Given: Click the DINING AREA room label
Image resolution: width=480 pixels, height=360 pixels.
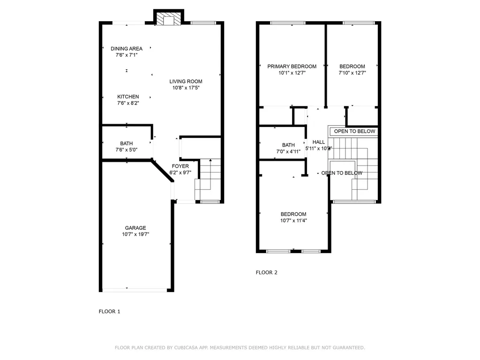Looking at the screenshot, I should point(127,48).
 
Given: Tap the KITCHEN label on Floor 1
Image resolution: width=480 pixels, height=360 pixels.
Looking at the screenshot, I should point(128,97).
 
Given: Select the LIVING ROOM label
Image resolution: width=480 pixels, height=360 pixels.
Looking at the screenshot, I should point(186,82).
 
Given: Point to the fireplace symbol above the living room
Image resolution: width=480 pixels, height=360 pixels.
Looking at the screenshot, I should point(167,19).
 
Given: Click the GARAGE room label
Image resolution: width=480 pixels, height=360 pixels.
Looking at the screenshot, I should point(135,228).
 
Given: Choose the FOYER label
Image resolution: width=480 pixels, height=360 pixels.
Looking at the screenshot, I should point(180,166).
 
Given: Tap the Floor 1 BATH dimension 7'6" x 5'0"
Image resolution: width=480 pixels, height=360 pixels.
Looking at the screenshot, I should point(126,150).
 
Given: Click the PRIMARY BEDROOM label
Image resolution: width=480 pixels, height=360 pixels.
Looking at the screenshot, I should point(292,67).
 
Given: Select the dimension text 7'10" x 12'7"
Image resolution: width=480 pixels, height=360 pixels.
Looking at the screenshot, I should point(352,73).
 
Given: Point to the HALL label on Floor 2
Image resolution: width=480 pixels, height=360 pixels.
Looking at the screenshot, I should point(319,142).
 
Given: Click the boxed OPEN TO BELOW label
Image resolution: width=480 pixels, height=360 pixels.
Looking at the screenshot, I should point(354,131).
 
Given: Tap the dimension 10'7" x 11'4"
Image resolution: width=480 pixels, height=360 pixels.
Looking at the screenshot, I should point(293,220).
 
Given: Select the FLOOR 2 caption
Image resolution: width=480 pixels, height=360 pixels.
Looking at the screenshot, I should point(266,272).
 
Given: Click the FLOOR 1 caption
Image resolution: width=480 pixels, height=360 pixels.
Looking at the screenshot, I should point(109,311).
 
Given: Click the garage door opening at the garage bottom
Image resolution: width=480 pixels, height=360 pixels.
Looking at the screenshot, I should point(135,290).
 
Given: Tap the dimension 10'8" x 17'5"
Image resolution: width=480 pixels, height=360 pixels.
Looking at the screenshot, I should point(186,88).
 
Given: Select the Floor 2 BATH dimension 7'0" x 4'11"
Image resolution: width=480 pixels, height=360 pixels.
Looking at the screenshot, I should point(288,151).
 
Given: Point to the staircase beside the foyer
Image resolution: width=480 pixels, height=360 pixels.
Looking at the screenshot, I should point(208,180).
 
